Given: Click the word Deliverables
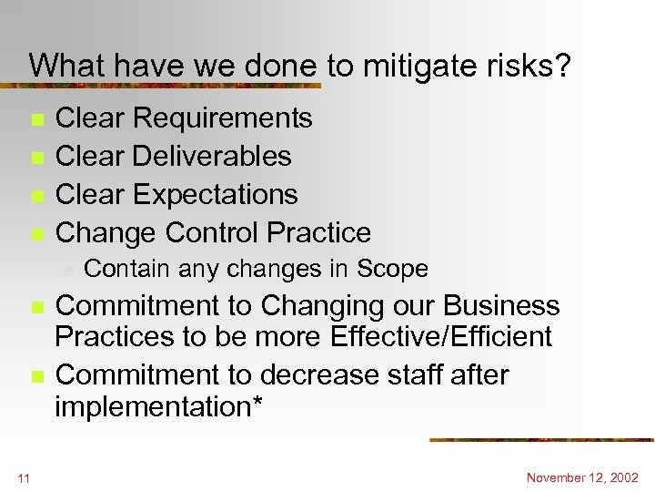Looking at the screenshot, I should coord(211,157).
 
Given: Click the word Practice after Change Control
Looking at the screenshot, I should coord(317,233).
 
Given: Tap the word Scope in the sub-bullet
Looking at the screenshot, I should coord(392,270).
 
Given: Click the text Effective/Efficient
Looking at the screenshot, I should coord(436,337).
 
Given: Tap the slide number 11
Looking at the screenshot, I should coord(24,477).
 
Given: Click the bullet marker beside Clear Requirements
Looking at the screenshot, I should coord(35,120).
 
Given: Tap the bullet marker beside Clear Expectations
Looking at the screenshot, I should coord(35,197).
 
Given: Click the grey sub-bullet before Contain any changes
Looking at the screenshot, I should coord(67,271).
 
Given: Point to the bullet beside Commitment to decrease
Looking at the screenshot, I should coord(35,376).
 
